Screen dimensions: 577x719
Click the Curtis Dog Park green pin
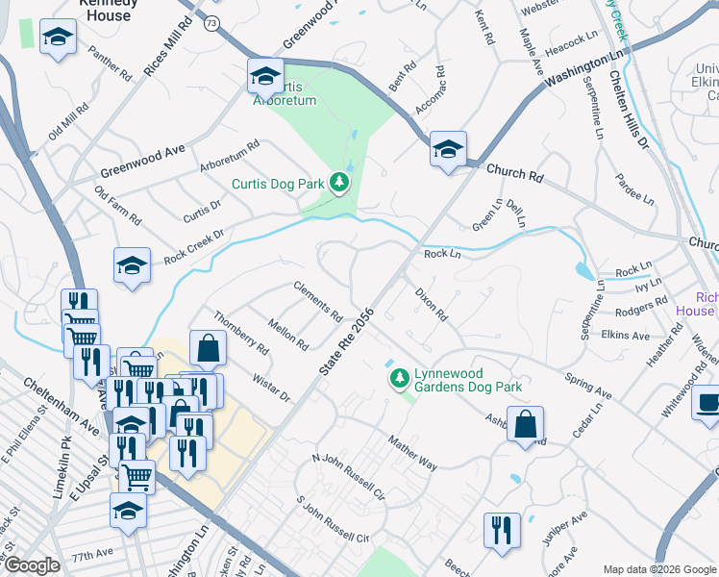(337, 182)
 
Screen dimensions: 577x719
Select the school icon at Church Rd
(448, 149)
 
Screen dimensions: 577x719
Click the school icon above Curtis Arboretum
(265, 76)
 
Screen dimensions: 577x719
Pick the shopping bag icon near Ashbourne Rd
(525, 424)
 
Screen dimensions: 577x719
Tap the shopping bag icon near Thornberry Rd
(208, 349)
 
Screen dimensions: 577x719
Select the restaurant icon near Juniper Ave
(501, 531)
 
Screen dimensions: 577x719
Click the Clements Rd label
(318, 301)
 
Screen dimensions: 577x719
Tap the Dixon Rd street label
(432, 303)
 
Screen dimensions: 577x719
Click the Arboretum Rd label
(230, 158)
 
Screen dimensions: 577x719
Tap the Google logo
(32, 565)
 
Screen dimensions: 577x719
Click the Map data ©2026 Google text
(658, 568)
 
